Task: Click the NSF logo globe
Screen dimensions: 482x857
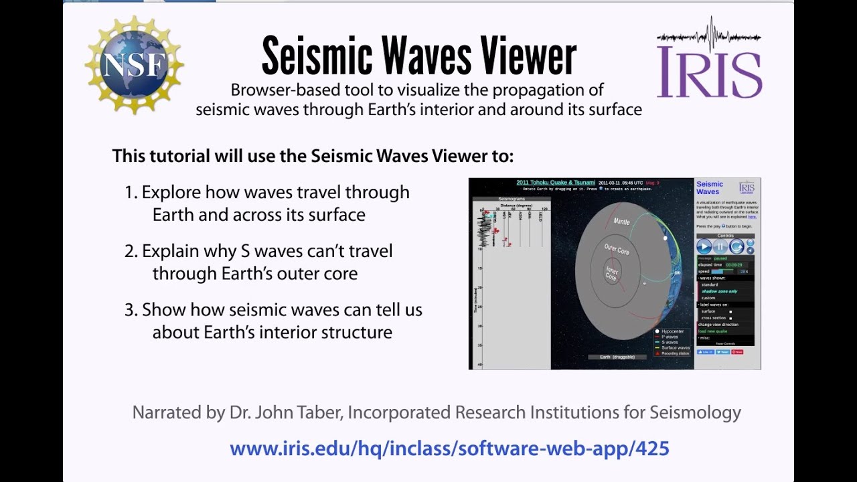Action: point(135,64)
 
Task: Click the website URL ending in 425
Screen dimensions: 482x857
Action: point(449,448)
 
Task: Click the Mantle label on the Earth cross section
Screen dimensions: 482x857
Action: point(621,222)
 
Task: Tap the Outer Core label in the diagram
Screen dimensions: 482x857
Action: point(617,249)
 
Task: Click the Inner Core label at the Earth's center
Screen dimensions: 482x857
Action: point(612,273)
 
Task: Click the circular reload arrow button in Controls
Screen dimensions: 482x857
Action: point(736,247)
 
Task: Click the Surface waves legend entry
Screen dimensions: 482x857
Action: point(674,347)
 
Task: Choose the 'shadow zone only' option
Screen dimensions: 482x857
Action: point(719,291)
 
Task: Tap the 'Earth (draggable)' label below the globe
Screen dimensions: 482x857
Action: point(617,357)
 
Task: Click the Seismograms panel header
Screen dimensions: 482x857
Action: point(512,199)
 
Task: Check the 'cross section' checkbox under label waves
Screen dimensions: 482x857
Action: point(730,318)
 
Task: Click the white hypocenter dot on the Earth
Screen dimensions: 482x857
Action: point(665,238)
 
